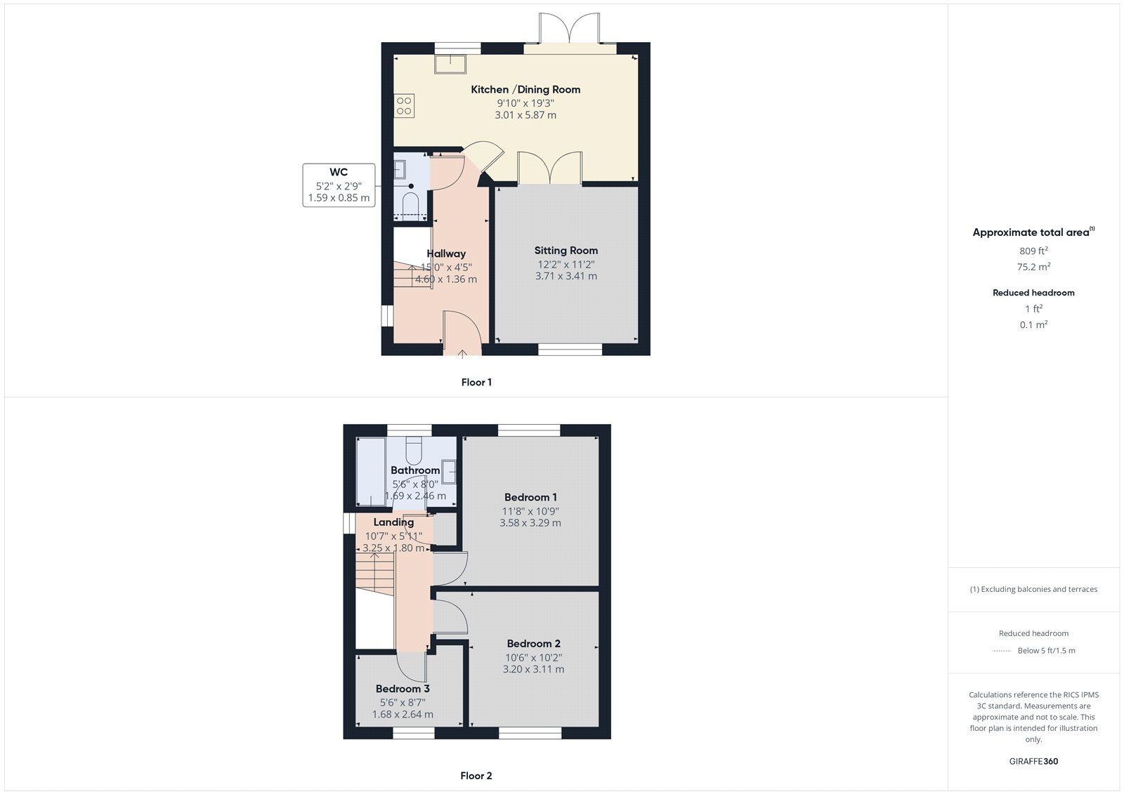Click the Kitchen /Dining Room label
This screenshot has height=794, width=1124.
tap(525, 89)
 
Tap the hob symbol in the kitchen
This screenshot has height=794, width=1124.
tap(404, 106)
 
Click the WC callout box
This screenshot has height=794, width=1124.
tap(339, 185)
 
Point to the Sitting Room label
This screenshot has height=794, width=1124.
tap(566, 251)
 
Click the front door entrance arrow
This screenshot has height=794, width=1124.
tap(462, 353)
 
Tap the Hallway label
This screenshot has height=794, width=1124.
tap(446, 253)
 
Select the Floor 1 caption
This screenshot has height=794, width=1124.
tap(476, 383)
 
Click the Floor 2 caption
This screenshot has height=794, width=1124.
tap(476, 776)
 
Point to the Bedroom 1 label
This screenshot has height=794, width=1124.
tap(530, 497)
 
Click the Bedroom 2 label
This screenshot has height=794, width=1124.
tap(533, 644)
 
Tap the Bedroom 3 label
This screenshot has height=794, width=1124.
tap(402, 689)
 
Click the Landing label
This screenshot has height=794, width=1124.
tap(393, 522)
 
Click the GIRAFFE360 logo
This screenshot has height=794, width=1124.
tap(1033, 761)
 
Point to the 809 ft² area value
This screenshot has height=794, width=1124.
tap(1033, 251)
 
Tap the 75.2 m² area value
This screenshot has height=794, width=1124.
tap(1033, 267)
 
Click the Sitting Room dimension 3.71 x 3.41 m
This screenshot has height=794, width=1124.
tap(566, 277)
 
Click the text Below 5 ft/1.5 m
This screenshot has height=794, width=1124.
tap(1046, 651)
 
